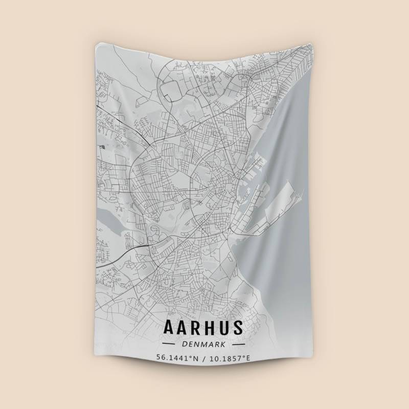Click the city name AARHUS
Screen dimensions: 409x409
pyautogui.click(x=203, y=328)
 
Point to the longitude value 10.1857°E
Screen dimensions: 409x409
pyautogui.click(x=230, y=357)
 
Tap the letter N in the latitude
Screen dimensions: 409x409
pyautogui.click(x=195, y=357)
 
